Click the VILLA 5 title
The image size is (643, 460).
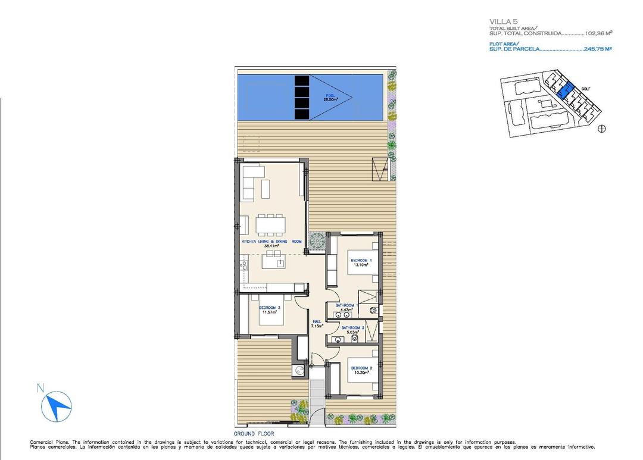click(x=501, y=22)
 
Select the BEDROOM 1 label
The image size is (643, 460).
click(x=361, y=261)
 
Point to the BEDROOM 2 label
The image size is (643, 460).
click(x=361, y=368)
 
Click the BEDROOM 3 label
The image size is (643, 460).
click(x=270, y=308)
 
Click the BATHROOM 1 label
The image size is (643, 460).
click(x=344, y=305)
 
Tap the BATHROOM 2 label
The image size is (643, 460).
click(x=352, y=327)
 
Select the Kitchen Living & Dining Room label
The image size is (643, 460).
click(x=271, y=242)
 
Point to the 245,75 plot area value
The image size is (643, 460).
click(x=598, y=49)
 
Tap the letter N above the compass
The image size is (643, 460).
click(x=40, y=388)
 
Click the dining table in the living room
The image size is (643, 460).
click(x=271, y=224)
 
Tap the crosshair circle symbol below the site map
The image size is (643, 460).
click(x=601, y=128)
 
